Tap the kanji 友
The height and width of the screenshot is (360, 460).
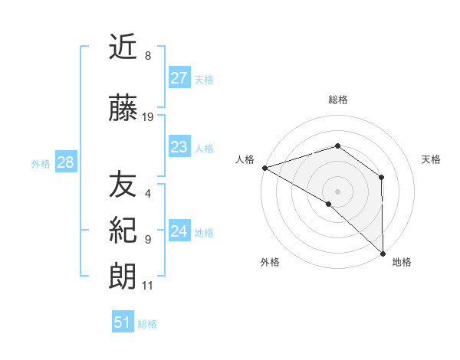click(123, 185)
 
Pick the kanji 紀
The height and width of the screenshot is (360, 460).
click(123, 231)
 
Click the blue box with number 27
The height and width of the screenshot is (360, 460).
click(179, 78)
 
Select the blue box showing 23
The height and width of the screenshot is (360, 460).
click(179, 147)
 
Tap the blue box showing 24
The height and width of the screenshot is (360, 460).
click(179, 231)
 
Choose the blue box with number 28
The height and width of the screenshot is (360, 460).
click(65, 162)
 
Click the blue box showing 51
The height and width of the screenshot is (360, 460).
click(123, 323)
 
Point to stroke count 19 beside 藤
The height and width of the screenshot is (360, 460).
click(148, 117)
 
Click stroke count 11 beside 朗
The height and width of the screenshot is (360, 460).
click(148, 286)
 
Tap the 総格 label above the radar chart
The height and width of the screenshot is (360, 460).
click(337, 100)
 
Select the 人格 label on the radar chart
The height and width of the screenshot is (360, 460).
click(245, 159)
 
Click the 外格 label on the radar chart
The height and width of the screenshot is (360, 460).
click(270, 262)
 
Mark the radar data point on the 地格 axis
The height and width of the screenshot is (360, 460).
click(383, 253)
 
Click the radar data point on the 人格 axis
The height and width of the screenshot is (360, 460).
click(264, 167)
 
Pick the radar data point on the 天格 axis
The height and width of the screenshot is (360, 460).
click(381, 177)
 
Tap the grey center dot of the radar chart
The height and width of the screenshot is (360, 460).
click(337, 191)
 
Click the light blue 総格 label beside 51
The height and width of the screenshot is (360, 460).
click(147, 324)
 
